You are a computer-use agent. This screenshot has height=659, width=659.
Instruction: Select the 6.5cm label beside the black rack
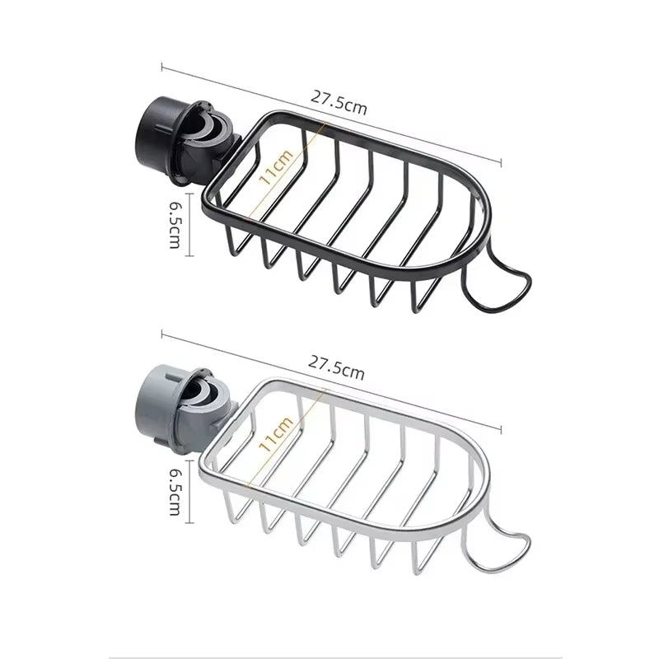tap(175, 224)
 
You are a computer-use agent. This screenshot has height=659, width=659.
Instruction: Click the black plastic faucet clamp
tap(185, 142)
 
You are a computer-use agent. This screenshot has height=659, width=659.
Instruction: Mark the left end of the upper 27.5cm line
tap(162, 67)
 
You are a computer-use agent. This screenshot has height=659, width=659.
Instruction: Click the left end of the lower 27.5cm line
tap(162, 334)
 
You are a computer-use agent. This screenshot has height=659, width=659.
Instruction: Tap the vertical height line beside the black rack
tap(191, 224)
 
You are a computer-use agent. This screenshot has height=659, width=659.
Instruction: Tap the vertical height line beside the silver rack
tap(191, 492)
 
